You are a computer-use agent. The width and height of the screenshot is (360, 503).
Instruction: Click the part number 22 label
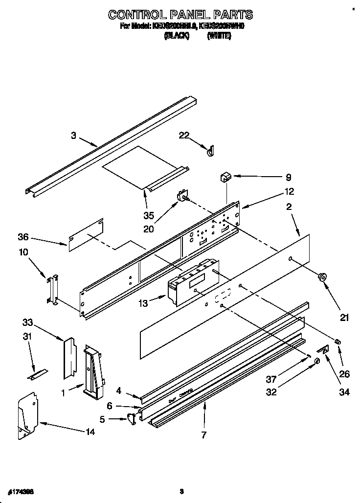click(x=184, y=136)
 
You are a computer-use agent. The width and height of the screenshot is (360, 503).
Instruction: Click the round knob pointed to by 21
click(x=322, y=277)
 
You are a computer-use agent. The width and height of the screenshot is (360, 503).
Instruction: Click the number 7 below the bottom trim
click(x=204, y=434)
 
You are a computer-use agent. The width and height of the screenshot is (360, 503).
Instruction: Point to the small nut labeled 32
click(x=317, y=361)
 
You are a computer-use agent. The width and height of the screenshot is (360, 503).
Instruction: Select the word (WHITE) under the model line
click(x=219, y=36)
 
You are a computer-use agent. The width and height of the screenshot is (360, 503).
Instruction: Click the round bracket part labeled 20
click(x=182, y=196)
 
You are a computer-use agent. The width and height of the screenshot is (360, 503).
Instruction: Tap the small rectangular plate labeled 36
click(x=86, y=236)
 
